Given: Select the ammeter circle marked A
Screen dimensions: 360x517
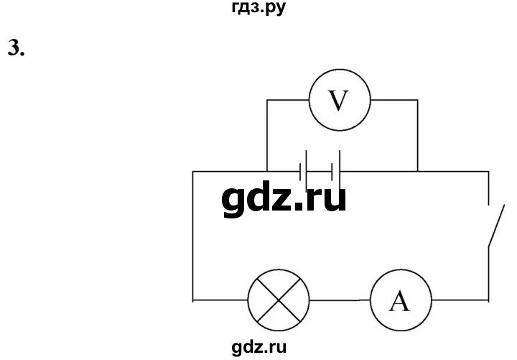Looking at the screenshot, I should click(x=399, y=303).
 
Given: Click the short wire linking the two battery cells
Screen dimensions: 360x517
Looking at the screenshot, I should click(x=320, y=172).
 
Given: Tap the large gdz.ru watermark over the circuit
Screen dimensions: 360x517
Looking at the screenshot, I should click(x=284, y=198).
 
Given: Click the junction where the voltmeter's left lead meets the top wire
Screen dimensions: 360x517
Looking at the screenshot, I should click(x=266, y=172).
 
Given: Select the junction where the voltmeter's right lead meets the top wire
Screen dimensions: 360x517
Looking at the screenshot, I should click(x=417, y=172).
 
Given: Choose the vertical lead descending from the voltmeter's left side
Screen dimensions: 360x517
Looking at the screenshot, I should click(x=266, y=137).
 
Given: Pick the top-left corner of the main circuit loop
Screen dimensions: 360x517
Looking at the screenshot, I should click(x=193, y=172).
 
